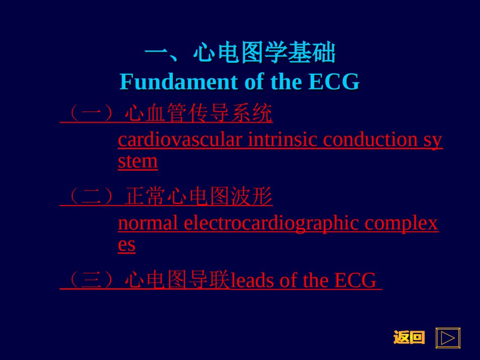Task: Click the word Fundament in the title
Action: click(179, 82)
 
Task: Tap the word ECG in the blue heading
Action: click(333, 82)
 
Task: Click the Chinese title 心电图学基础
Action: click(264, 53)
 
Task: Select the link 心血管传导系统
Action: click(199, 113)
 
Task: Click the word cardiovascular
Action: click(180, 139)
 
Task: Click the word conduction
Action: click(370, 139)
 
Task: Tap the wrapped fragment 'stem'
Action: click(138, 161)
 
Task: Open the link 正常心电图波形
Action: click(199, 196)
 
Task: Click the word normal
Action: click(148, 223)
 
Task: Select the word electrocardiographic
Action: click(271, 224)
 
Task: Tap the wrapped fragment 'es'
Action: click(127, 245)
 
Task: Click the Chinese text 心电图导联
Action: click(177, 280)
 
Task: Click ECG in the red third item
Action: click(355, 280)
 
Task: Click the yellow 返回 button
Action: click(409, 337)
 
